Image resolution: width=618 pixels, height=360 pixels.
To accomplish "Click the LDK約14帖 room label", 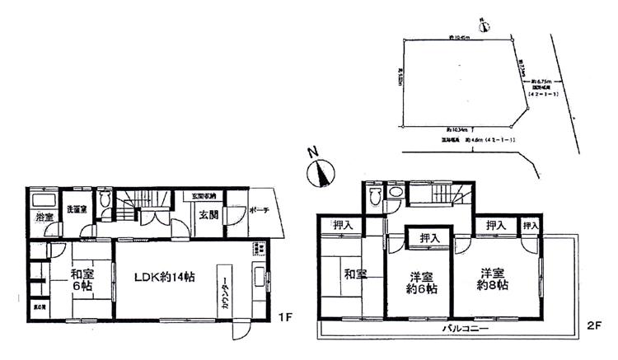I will (164, 277).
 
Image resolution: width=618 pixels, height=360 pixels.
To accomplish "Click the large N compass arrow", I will (320, 171).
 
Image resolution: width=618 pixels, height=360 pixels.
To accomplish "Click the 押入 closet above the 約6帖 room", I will (429, 237).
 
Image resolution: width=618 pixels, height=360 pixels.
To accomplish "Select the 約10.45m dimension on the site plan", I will (459, 38).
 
